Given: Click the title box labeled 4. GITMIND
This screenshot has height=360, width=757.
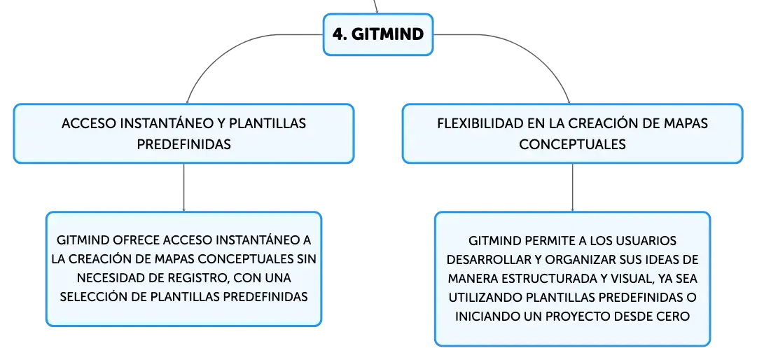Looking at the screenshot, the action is [378, 34].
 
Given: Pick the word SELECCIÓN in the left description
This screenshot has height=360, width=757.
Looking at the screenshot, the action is [93, 296].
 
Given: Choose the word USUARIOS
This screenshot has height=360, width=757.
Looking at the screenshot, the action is [647, 240].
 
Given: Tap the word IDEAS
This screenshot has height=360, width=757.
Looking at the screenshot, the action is [655, 259].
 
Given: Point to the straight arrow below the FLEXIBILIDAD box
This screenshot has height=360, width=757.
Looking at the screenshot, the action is [573, 188].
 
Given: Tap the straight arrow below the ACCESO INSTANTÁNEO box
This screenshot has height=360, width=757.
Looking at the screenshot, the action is [183, 188].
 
